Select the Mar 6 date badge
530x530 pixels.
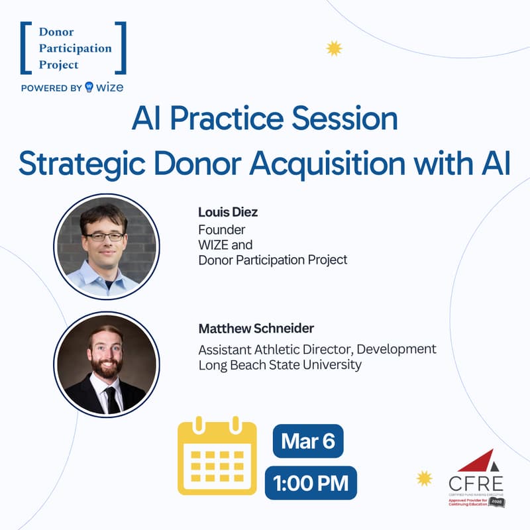307,441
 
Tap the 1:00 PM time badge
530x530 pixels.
311,483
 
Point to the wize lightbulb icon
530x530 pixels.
89,87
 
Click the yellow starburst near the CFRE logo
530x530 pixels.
424,478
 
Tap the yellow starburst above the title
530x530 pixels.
335,48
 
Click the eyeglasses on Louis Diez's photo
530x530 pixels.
105,236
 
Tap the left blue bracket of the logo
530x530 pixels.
25,48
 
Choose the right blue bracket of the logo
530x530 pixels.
121,48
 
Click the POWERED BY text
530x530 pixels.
52,87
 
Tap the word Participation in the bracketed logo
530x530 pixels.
75,48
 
